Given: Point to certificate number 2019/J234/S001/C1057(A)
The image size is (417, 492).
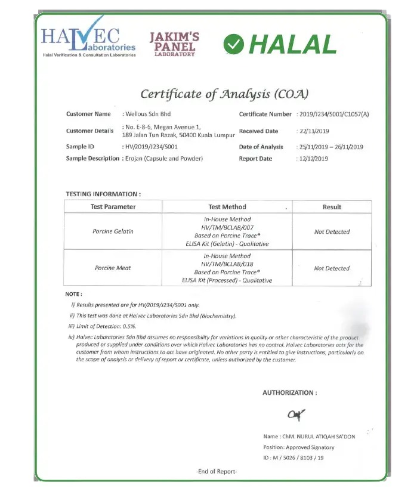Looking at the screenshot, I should pyautogui.click(x=334, y=114).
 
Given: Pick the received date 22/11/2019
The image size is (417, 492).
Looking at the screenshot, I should pyautogui.click(x=314, y=131).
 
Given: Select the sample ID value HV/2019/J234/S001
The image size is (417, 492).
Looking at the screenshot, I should pyautogui.click(x=150, y=147).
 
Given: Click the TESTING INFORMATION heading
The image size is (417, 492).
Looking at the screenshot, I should pyautogui.click(x=103, y=194).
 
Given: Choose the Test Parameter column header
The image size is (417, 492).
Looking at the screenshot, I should pyautogui.click(x=113, y=207).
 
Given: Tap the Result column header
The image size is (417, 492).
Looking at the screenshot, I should pyautogui.click(x=332, y=207).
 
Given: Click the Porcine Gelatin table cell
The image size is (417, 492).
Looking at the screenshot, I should pyautogui.click(x=113, y=231).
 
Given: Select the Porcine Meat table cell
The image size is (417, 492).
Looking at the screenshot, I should pyautogui.click(x=113, y=268).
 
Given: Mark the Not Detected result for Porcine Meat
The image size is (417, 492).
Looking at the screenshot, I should pyautogui.click(x=332, y=268).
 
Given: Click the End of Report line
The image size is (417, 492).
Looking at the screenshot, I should pyautogui.click(x=217, y=472).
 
